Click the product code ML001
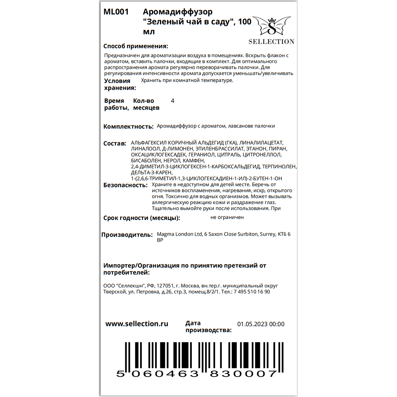(x=116, y=12)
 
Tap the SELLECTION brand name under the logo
(x=272, y=42)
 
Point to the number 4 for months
(x=172, y=101)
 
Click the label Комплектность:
(x=128, y=127)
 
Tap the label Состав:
(x=115, y=143)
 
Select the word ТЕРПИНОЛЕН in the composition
(x=279, y=167)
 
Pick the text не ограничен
(x=227, y=218)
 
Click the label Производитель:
(x=127, y=235)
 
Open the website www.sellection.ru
(x=137, y=324)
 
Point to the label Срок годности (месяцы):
(x=142, y=218)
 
